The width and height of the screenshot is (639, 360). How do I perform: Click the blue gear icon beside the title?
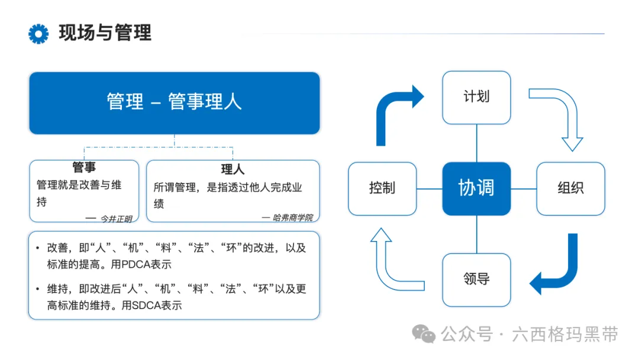click(x=38, y=34)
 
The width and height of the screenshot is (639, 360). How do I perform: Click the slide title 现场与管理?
click(x=105, y=33)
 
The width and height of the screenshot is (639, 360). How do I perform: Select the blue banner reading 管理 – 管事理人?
click(x=175, y=102)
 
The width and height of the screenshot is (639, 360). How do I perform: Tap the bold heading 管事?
click(x=84, y=168)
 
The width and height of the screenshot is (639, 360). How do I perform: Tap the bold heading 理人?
click(x=233, y=170)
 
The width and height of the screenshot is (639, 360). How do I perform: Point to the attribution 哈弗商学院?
click(x=293, y=217)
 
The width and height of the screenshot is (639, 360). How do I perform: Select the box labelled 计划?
click(x=476, y=97)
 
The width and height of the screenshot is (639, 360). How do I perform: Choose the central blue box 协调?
click(x=476, y=188)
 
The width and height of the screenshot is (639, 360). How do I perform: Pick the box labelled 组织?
click(x=570, y=188)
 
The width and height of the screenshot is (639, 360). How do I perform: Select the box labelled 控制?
click(x=382, y=188)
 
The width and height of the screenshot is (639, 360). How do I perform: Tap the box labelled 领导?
click(x=476, y=279)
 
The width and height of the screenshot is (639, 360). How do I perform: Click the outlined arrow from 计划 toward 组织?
click(x=563, y=112)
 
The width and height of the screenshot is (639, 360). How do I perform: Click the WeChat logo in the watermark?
click(x=424, y=335)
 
